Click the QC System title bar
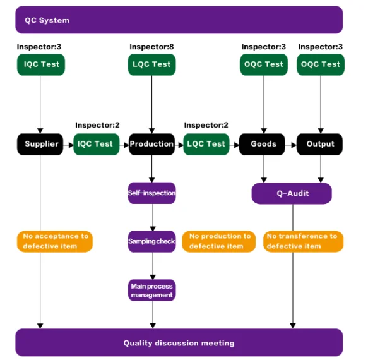(x=179, y=20)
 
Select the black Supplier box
(x=41, y=144)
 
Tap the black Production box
(x=151, y=144)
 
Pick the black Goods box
(x=263, y=144)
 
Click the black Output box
(x=320, y=144)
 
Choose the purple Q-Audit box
(x=292, y=193)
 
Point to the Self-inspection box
(x=151, y=193)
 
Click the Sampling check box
(x=151, y=241)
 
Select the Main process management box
(x=151, y=291)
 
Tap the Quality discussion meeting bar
(x=179, y=343)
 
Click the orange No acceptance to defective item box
(x=55, y=241)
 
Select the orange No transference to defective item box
(x=302, y=241)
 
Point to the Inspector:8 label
(x=151, y=47)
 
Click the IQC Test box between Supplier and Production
(x=96, y=144)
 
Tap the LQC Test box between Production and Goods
(x=207, y=144)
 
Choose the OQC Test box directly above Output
(x=321, y=64)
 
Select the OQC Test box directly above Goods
(x=264, y=64)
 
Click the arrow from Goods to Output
(x=292, y=144)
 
